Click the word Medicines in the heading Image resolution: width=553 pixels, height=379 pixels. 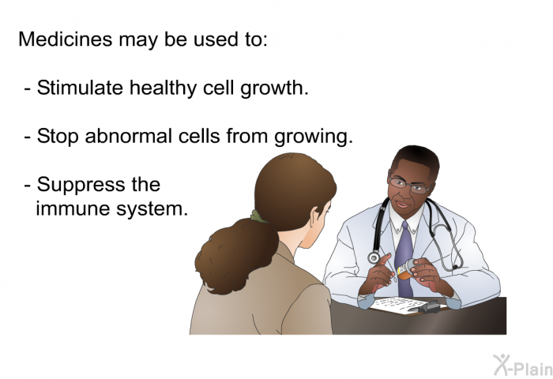tap(66, 39)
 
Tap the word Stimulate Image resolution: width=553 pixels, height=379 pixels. tap(80, 87)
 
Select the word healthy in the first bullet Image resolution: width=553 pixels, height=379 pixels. tap(163, 88)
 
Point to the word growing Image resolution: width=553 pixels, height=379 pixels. tap(314, 137)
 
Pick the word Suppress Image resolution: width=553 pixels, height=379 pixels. tap(81, 185)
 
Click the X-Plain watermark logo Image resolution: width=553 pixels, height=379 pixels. tap(523, 366)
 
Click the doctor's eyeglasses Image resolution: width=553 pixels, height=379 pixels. tap(410, 186)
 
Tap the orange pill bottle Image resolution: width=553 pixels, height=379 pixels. tap(405, 270)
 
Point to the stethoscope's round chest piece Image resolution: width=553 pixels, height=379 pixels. tap(374, 257)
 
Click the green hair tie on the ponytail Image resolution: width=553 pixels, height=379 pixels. tap(259, 216)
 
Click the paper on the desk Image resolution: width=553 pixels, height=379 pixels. tap(402, 304)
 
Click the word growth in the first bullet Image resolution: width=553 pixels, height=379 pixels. tap(274, 89)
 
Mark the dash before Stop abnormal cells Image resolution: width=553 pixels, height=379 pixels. tap(28, 137)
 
